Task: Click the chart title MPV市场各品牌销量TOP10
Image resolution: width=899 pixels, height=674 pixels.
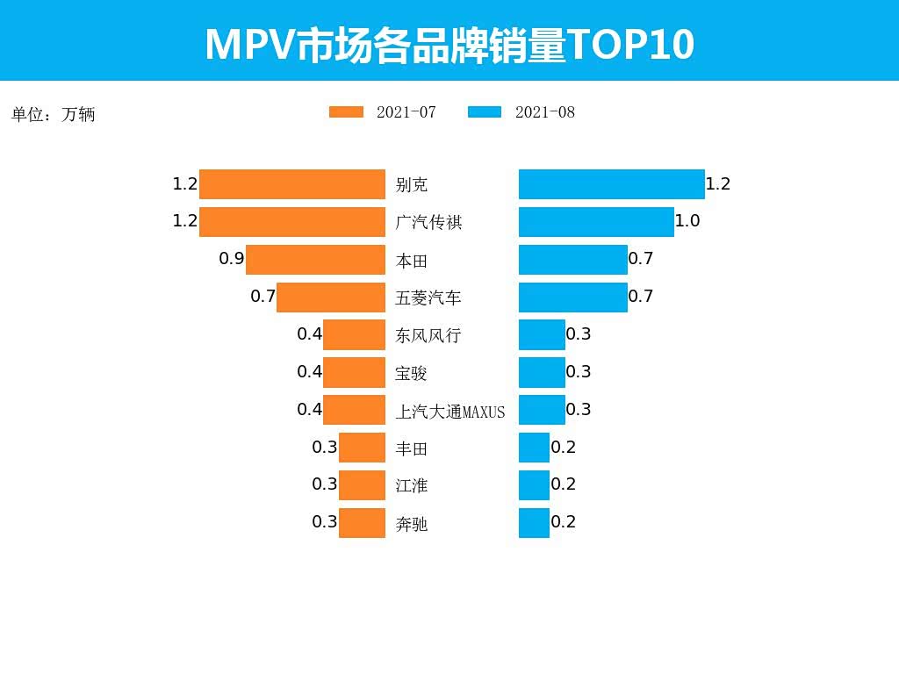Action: click(449, 44)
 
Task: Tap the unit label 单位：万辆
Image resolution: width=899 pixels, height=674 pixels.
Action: click(54, 114)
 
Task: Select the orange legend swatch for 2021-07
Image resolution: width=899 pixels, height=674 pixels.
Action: click(346, 112)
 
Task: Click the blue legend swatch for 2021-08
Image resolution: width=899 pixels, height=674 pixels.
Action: click(485, 112)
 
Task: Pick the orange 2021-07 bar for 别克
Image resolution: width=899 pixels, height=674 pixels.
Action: click(292, 184)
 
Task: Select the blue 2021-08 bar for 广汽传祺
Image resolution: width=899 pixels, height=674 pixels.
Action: click(596, 222)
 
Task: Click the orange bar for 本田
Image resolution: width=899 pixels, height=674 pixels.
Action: click(315, 260)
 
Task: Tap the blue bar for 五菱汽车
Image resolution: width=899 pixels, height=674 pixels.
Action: click(573, 298)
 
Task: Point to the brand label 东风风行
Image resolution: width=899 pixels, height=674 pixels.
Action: click(428, 335)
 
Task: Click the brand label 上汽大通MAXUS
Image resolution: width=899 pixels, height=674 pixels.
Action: click(450, 411)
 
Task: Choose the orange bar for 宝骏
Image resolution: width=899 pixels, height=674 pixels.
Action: click(354, 373)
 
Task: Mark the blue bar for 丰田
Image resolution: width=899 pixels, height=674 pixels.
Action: click(534, 448)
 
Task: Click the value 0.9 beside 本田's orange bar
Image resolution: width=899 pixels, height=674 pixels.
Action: click(232, 259)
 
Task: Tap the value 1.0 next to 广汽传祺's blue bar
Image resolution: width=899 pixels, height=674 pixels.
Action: click(687, 221)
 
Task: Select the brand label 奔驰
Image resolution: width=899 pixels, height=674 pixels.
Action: click(412, 524)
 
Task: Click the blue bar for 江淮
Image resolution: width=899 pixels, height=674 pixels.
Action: click(534, 485)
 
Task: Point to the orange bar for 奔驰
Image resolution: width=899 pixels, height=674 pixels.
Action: click(362, 523)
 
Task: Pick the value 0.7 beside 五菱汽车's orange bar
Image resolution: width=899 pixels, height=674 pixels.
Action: click(263, 297)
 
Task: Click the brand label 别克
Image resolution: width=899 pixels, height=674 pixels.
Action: click(412, 185)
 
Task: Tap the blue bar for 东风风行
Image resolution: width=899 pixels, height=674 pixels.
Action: click(542, 335)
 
